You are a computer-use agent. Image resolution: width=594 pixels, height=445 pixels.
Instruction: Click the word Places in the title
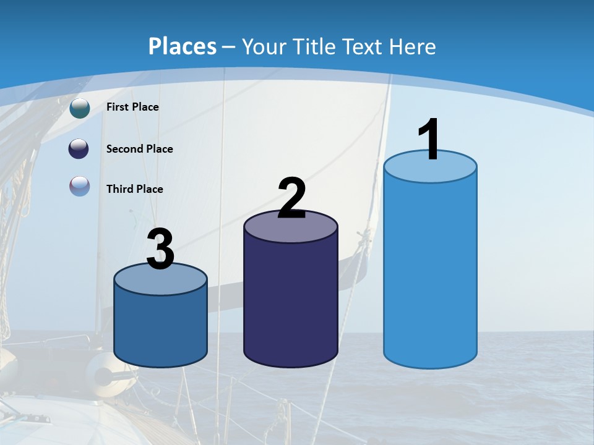(183, 46)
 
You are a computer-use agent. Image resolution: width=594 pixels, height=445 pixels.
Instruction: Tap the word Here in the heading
(413, 46)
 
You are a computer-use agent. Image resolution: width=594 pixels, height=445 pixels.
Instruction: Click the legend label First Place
(132, 107)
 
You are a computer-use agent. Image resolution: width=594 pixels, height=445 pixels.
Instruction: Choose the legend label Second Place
(139, 149)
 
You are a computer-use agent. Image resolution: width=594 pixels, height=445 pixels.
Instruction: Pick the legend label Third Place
(134, 189)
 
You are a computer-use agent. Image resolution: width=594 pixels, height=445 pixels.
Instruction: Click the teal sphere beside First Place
(80, 108)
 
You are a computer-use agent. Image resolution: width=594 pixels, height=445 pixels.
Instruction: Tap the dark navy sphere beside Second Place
(80, 149)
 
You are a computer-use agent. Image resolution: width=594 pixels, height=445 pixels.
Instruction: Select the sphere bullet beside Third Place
(80, 186)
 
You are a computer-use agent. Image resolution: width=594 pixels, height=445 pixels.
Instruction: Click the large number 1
(429, 140)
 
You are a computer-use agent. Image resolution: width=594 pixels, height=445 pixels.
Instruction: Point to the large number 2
(291, 198)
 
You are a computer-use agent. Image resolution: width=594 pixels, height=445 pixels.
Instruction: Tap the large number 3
(160, 249)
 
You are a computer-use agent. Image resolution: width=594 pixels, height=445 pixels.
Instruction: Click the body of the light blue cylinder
(430, 272)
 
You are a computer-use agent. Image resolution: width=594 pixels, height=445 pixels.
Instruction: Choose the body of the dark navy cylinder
(291, 303)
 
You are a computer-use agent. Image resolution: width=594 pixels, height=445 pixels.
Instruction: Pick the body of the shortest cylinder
(160, 328)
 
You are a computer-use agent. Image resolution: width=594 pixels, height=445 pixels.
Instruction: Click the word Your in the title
(263, 46)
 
